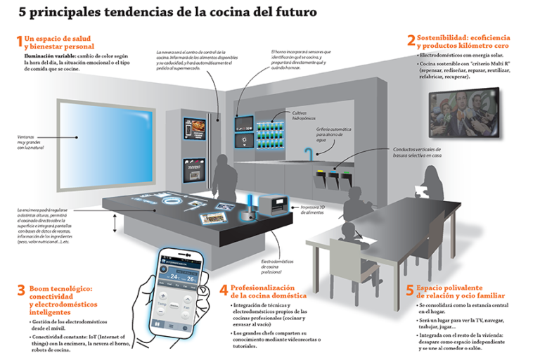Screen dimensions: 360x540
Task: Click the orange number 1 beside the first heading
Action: click(18, 40)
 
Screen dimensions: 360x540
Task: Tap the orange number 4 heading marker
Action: click(224, 290)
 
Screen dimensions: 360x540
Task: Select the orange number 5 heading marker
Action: click(410, 290)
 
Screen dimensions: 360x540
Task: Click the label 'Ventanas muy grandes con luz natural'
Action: click(34, 143)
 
